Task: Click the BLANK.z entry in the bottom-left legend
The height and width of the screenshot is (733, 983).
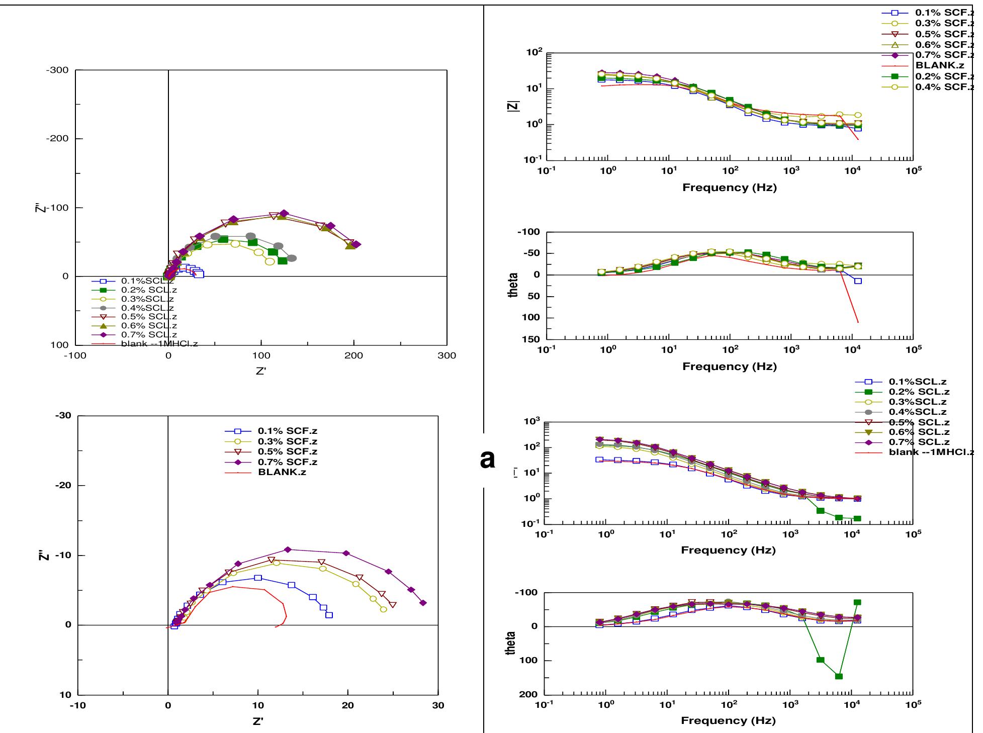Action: click(282, 472)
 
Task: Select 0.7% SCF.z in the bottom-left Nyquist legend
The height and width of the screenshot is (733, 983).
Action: click(287, 462)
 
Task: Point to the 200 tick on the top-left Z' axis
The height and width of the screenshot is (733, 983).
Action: click(354, 356)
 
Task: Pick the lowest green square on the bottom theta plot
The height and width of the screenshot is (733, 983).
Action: click(839, 676)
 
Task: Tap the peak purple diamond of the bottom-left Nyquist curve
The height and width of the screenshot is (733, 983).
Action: click(288, 549)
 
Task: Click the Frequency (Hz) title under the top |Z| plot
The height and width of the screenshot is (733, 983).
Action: click(729, 188)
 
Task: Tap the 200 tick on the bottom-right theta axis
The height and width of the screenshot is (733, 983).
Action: click(529, 694)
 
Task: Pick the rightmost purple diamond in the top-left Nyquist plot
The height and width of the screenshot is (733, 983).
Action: click(356, 244)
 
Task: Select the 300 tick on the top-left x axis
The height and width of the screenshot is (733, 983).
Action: click(446, 356)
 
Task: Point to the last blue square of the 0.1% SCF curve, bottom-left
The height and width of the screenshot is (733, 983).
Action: click(329, 615)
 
